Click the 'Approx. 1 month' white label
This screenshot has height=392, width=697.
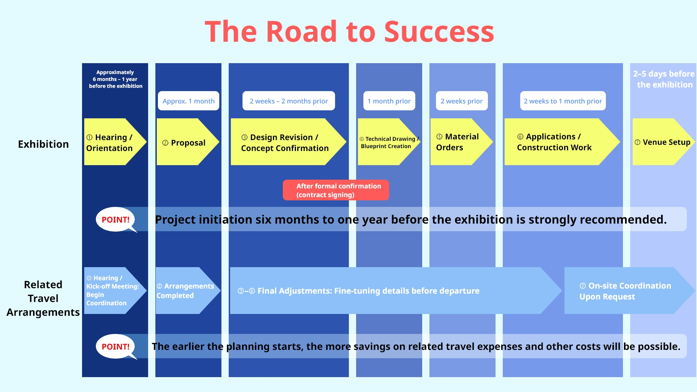188,101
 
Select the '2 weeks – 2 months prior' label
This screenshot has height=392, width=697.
289,101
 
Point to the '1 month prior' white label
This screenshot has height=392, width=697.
389,101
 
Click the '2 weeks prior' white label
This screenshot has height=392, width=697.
461,101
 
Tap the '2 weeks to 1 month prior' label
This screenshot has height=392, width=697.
563,101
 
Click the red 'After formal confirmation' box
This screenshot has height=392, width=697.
336,190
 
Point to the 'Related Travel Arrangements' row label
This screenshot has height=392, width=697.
43,298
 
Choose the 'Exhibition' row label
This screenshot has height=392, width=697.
43,144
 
